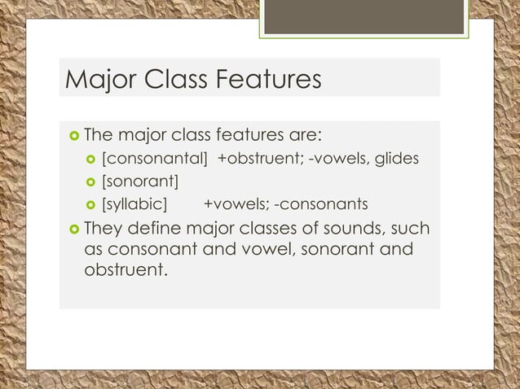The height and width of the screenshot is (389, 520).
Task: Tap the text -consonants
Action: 321,203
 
